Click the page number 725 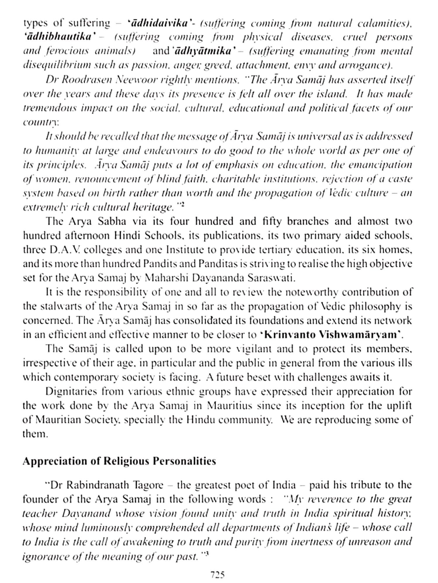point(217,575)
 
